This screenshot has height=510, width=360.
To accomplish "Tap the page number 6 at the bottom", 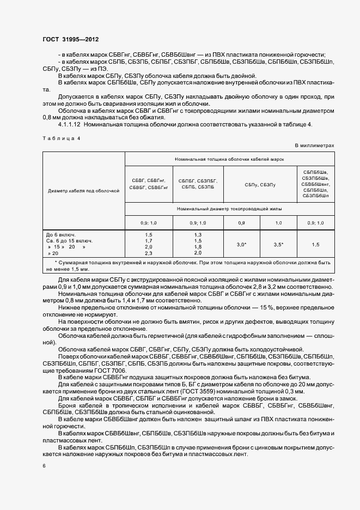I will click(x=44, y=466).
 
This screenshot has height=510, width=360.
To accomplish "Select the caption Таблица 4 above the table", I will click(x=61, y=138).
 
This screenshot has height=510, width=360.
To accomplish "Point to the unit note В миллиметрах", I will click(x=314, y=145).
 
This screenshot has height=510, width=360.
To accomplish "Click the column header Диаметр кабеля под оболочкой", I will click(x=83, y=191).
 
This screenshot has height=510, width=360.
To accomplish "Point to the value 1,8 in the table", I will click(x=198, y=247).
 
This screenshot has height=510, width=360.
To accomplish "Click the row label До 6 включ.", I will click(x=62, y=234).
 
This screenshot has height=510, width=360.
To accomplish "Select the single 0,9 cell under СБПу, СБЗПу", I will click(x=241, y=223).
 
